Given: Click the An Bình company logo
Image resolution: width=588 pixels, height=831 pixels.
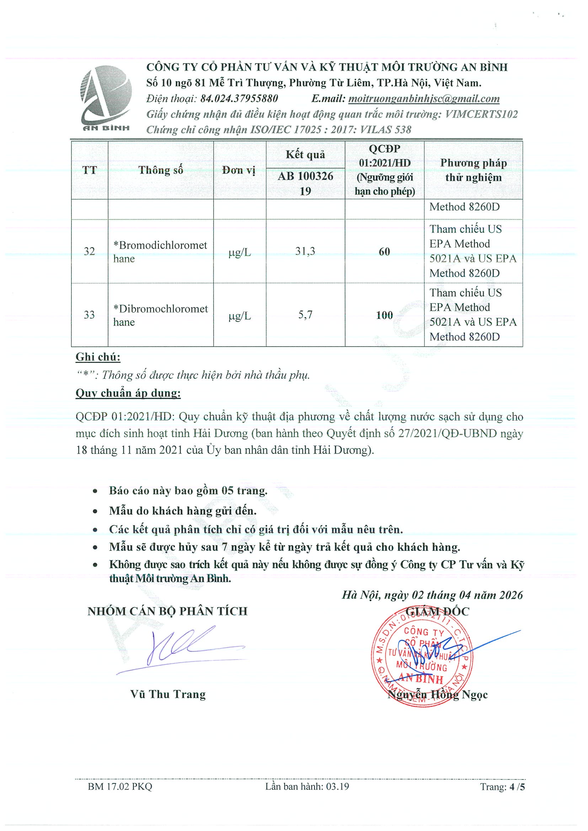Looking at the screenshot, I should [x=106, y=99].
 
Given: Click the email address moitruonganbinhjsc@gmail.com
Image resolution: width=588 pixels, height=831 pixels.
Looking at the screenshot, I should [x=423, y=99].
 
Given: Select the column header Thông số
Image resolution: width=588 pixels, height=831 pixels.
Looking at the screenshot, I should [x=160, y=170].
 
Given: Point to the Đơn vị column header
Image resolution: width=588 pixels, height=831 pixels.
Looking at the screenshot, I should [x=239, y=170].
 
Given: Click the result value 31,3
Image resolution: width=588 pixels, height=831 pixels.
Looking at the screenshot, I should [x=305, y=251].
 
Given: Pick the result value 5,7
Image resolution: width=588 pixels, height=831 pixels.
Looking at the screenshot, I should [x=305, y=315].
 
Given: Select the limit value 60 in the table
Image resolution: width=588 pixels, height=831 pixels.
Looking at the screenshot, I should [x=384, y=251].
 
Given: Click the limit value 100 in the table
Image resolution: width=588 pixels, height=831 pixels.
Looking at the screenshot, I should [x=384, y=315].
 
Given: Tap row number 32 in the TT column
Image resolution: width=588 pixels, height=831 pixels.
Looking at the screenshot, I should [x=89, y=251].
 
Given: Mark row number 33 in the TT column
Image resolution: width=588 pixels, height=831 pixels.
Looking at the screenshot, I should [x=89, y=315].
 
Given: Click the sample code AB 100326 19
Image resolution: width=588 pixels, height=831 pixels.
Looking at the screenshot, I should [x=305, y=184].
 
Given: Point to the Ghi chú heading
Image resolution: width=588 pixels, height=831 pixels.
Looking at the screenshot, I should [x=98, y=357].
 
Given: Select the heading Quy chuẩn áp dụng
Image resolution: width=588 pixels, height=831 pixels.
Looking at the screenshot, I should [x=128, y=393].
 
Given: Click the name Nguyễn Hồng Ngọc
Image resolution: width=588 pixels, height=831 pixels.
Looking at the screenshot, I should [x=437, y=695].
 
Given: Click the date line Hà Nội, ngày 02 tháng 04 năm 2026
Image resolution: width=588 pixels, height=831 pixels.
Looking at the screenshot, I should [x=432, y=595].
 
